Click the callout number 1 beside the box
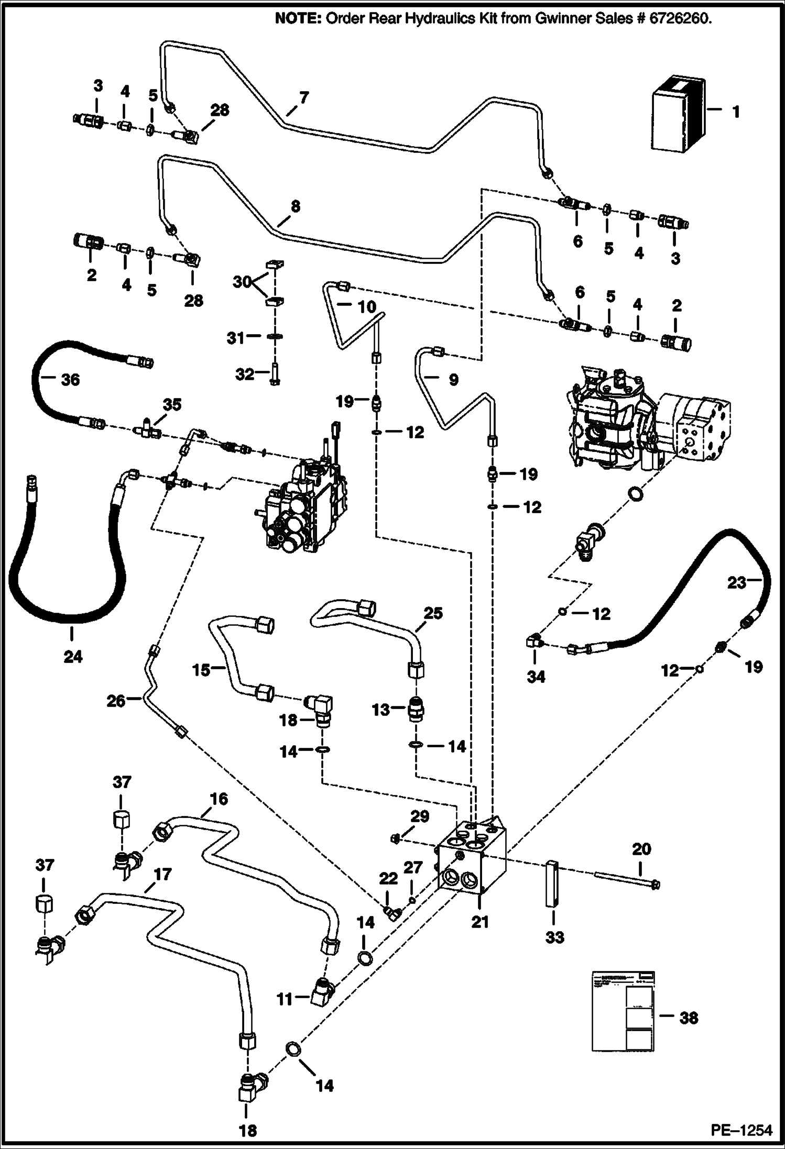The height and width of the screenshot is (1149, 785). pyautogui.click(x=736, y=112)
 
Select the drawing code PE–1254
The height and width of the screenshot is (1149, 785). pyautogui.click(x=741, y=1129)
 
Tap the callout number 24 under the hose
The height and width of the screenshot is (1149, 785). pyautogui.click(x=73, y=656)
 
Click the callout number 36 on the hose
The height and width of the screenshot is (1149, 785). pyautogui.click(x=70, y=379)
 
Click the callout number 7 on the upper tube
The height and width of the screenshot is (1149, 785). pyautogui.click(x=304, y=97)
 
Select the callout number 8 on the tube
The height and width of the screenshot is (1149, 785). pyautogui.click(x=295, y=206)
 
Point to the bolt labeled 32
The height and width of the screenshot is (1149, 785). pyautogui.click(x=274, y=374)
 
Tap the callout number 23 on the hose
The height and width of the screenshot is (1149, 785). pyautogui.click(x=737, y=582)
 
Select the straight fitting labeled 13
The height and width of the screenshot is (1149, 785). pyautogui.click(x=416, y=710)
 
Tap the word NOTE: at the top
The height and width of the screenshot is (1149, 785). pyautogui.click(x=299, y=19)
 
